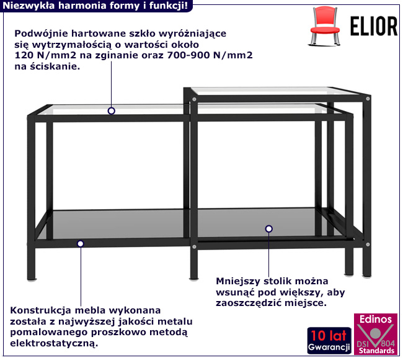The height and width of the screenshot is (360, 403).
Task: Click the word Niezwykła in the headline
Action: click(25, 6)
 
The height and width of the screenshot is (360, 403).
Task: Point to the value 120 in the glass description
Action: click(24, 55)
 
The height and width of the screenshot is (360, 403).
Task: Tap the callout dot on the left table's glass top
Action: click(112, 111)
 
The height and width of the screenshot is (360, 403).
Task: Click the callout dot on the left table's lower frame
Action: click(80, 243)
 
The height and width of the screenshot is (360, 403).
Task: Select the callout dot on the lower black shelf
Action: click(268, 229)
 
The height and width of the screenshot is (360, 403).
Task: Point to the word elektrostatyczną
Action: click(55, 343)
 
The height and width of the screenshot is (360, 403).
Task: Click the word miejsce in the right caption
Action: click(306, 304)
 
